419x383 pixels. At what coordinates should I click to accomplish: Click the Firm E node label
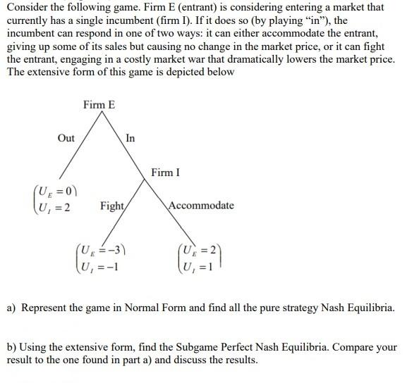pyautogui.click(x=99, y=105)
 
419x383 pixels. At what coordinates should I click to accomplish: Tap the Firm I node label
pyautogui.click(x=165, y=172)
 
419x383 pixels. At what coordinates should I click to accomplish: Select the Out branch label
pyautogui.click(x=66, y=138)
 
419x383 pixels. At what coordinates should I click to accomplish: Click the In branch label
pyautogui.click(x=130, y=138)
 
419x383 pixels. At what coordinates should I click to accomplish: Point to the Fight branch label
pyautogui.click(x=112, y=206)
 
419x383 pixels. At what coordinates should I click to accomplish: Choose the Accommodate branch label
pyautogui.click(x=201, y=206)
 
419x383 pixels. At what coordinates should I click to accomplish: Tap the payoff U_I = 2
pyautogui.click(x=57, y=206)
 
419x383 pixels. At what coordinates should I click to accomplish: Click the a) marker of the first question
pyautogui.click(x=12, y=308)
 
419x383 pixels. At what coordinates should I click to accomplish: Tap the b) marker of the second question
pyautogui.click(x=12, y=348)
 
